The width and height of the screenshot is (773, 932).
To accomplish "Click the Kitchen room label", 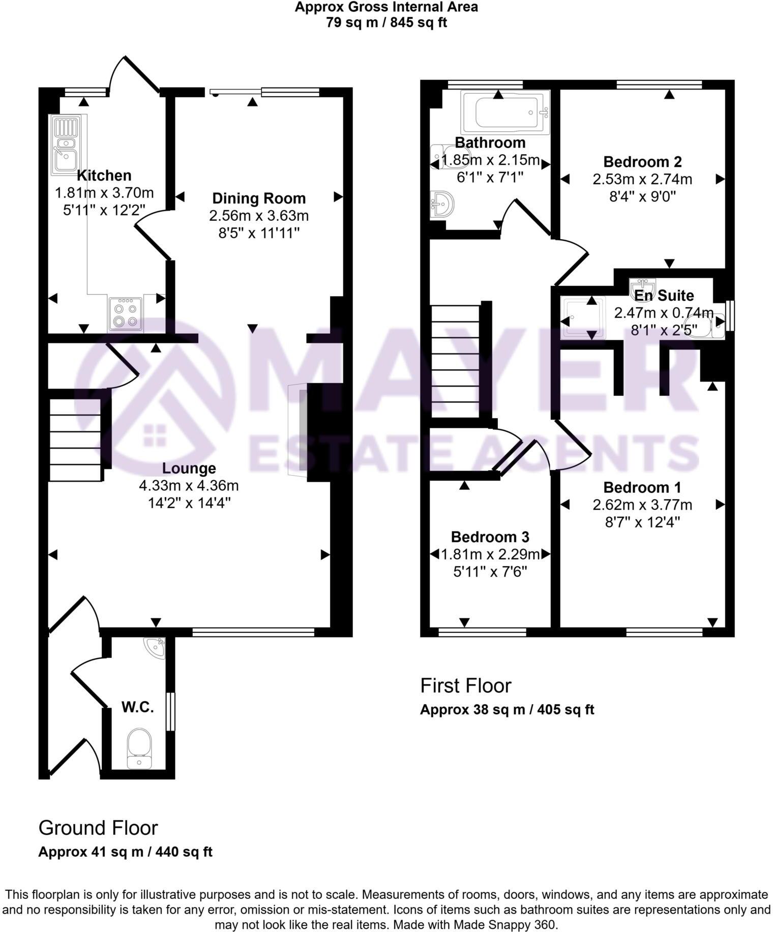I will [x=104, y=176].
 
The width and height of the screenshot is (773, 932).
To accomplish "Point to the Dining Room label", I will [x=259, y=198].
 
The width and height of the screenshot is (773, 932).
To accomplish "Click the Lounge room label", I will [x=189, y=468].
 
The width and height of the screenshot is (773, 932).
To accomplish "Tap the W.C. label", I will [x=137, y=707].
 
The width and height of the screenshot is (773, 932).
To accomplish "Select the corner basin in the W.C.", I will [x=155, y=648].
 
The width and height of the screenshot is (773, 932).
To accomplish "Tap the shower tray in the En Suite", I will [x=583, y=318].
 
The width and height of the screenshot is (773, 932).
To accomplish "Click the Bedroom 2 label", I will [x=642, y=162].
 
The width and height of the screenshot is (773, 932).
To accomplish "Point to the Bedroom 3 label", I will [x=490, y=537].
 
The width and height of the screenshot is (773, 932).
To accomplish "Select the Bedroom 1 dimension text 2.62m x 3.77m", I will [x=642, y=505].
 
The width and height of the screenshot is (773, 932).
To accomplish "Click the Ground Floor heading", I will [x=98, y=828].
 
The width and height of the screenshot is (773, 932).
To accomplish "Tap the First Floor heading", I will [x=465, y=686].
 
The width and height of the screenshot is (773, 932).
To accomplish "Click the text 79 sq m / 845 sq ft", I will [x=386, y=22].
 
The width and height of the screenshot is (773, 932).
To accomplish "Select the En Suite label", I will [x=664, y=296].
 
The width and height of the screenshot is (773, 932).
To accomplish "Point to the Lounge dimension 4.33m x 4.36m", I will [x=189, y=485].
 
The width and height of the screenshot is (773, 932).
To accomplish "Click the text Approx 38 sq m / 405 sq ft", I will [x=507, y=710].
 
